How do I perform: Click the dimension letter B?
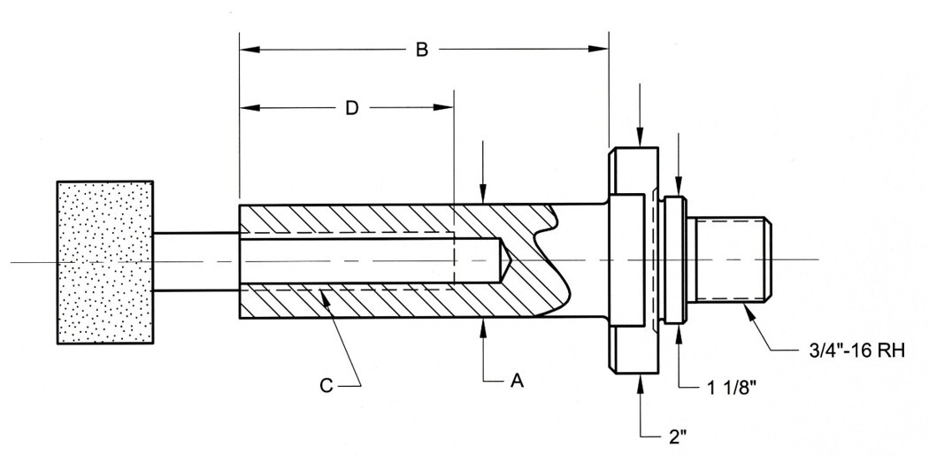point(423,50)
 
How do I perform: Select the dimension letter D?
point(351,108)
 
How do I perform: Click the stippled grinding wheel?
point(105,262)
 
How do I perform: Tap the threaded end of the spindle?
point(733,262)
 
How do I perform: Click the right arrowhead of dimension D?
point(447,108)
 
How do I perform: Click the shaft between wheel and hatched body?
point(196,261)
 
